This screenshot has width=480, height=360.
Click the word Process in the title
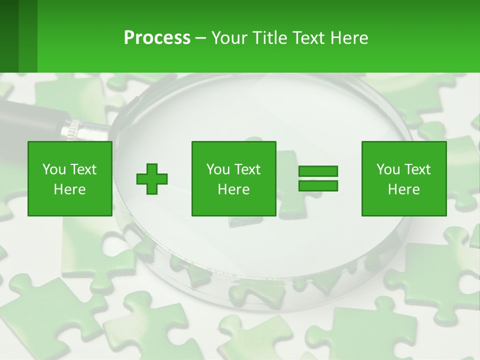(157, 37)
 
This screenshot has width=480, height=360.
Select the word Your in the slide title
(229, 37)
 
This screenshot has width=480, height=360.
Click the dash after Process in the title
(200, 38)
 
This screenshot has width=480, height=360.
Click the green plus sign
(152, 179)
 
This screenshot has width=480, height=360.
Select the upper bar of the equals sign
(318, 171)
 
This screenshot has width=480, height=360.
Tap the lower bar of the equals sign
(318, 186)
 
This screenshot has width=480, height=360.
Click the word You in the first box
(54, 169)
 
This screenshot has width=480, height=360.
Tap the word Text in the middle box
(248, 169)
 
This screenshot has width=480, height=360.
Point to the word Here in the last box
(403, 189)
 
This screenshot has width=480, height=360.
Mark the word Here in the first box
(69, 189)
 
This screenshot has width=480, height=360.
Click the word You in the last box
(388, 169)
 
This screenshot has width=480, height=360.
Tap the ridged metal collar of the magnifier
(73, 129)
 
